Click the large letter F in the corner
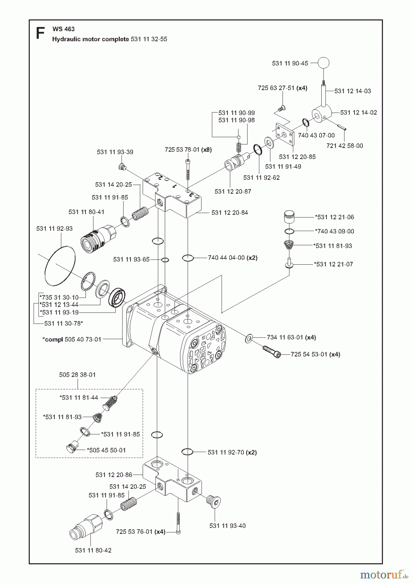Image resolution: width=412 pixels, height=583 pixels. click(x=40, y=34)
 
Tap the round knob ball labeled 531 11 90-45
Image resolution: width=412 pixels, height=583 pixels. click(x=323, y=63)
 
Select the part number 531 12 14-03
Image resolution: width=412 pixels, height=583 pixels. click(x=353, y=91)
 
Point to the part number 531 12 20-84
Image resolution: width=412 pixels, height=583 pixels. click(x=230, y=213)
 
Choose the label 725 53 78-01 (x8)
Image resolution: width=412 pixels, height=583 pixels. click(x=188, y=150)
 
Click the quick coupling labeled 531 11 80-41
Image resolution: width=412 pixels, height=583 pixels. click(x=97, y=238)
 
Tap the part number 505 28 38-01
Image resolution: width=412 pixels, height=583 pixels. click(x=77, y=375)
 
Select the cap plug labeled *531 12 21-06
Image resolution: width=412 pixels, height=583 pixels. click(x=289, y=216)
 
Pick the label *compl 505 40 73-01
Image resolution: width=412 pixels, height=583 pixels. click(x=72, y=339)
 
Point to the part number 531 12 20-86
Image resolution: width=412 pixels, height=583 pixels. click(x=114, y=475)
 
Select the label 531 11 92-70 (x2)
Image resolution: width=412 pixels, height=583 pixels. click(x=232, y=452)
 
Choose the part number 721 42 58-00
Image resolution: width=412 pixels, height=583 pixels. click(x=345, y=146)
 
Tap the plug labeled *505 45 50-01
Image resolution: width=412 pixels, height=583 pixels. click(x=71, y=448)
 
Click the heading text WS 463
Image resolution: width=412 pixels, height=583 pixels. click(x=63, y=29)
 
